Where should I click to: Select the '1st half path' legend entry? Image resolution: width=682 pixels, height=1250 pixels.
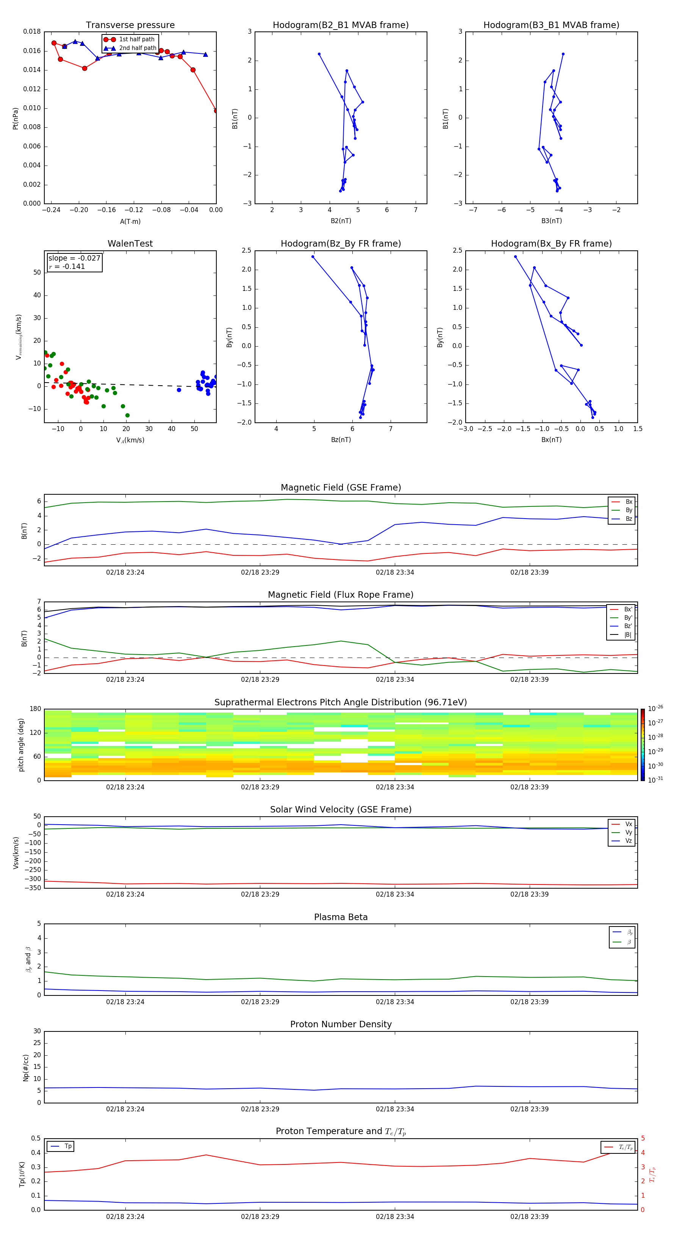point(136,39)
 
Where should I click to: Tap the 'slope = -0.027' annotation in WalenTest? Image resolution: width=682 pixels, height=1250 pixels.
point(74,258)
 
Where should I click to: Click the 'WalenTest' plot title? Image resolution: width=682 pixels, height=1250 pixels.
point(130,244)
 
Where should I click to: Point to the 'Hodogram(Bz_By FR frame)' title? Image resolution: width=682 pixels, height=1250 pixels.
point(341,244)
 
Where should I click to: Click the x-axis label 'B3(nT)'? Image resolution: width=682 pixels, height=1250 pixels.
point(551,221)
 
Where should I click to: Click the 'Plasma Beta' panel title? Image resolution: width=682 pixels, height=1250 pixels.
point(341,917)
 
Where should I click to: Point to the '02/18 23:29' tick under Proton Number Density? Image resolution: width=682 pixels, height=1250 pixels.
point(260,1109)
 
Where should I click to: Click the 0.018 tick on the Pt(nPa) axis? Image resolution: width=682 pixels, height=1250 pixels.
point(32,32)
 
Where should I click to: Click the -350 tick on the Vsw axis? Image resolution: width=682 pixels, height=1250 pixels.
point(33,888)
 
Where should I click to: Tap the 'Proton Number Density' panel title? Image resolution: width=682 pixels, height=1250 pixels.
point(341,1024)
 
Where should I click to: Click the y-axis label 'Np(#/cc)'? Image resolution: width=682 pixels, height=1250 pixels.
point(26,1067)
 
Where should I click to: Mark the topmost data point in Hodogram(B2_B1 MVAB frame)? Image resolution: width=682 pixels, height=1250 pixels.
point(319,54)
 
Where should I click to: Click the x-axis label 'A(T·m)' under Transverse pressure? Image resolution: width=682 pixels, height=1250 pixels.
point(130,222)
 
